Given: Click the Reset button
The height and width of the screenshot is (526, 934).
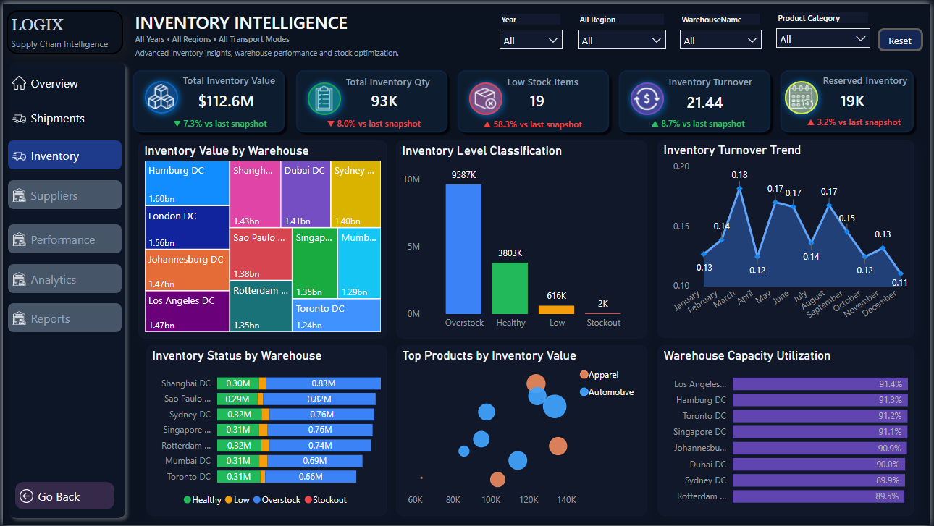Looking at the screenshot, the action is tap(900, 41).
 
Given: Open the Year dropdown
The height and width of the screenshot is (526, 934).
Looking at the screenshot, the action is tap(531, 40).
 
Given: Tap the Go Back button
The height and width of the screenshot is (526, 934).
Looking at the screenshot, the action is tap(64, 496).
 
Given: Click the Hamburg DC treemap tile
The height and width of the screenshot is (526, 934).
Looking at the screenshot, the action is tap(187, 183).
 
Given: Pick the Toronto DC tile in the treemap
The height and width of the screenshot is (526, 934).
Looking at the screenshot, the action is tap(337, 315).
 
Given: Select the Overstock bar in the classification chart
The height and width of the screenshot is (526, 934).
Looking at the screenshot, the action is tap(463, 249).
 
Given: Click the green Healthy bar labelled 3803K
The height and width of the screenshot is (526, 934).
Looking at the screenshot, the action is tap(510, 288).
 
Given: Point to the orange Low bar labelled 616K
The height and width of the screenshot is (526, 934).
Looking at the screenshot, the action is tap(556, 310).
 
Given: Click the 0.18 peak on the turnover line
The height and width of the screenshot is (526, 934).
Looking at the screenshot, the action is tap(739, 189).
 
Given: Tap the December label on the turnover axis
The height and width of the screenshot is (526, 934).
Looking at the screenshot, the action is tap(880, 303).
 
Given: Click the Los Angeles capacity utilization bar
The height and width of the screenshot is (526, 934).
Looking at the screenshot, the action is tap(820, 384).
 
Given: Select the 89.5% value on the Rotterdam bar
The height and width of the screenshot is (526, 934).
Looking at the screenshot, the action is tap(887, 496).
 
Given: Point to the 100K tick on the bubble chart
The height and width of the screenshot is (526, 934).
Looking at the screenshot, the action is tap(491, 499).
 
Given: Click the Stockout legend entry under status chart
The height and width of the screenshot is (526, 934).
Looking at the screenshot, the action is tap(326, 500).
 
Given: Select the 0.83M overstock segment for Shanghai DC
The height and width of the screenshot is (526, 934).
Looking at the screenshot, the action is tap(323, 383).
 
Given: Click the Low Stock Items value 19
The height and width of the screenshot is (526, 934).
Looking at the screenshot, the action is tap(537, 101).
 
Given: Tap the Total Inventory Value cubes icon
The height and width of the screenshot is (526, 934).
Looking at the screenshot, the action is tap(161, 98).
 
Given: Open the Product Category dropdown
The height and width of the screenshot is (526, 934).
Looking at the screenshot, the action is tap(822, 39).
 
